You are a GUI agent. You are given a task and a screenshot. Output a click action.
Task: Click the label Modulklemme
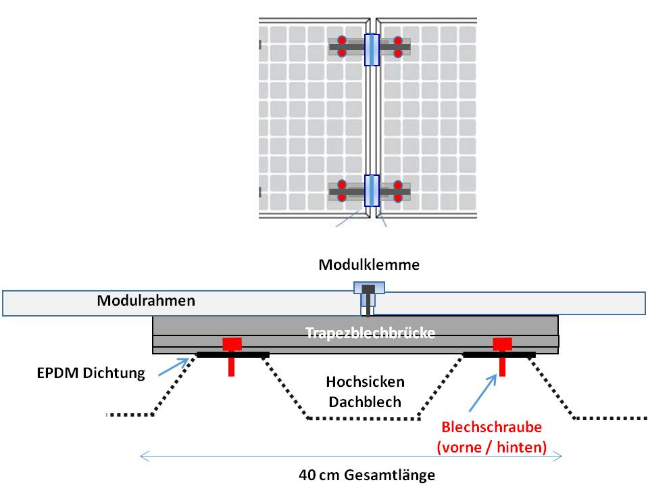(369, 264)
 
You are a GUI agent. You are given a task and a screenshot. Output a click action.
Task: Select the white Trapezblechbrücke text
(369, 333)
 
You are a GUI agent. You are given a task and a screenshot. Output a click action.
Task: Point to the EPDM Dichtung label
(91, 373)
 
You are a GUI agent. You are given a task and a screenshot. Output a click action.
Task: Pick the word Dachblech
(365, 402)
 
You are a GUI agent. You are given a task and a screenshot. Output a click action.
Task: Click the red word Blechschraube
(492, 427)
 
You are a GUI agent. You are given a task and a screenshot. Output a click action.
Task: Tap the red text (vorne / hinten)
(492, 446)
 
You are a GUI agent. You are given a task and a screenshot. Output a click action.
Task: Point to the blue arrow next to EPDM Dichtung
(174, 367)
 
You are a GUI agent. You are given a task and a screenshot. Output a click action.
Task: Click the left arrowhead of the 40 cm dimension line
(143, 457)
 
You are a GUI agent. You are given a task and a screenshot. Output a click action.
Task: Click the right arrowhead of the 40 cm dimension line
(558, 457)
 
